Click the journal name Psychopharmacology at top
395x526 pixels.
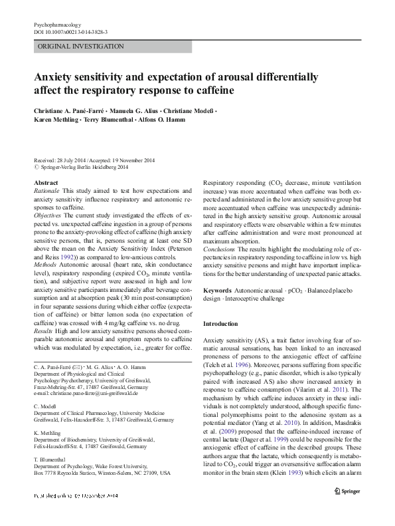[60, 25]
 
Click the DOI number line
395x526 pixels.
[70, 32]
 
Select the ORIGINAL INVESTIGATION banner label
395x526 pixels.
[81, 47]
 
